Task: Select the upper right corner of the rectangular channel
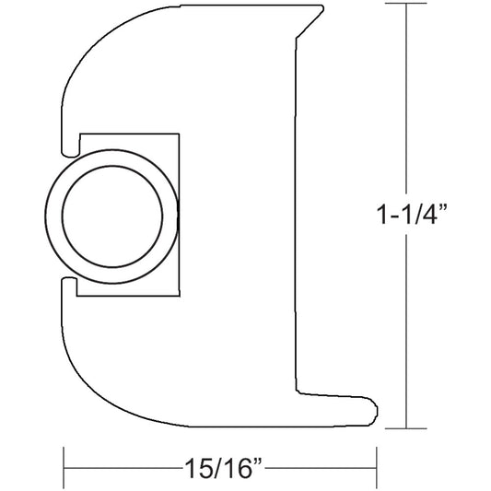pyautogui.click(x=177, y=134)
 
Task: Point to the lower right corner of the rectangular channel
pyautogui.click(x=177, y=295)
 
